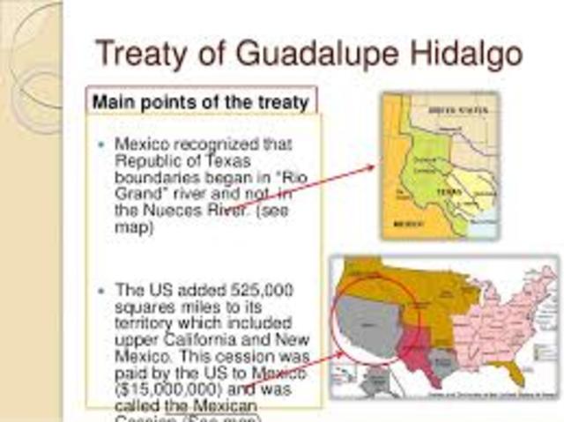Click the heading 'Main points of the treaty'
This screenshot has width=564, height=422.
point(200,102)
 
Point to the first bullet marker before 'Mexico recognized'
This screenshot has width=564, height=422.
point(103,143)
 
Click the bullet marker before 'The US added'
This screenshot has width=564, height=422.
point(103,290)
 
